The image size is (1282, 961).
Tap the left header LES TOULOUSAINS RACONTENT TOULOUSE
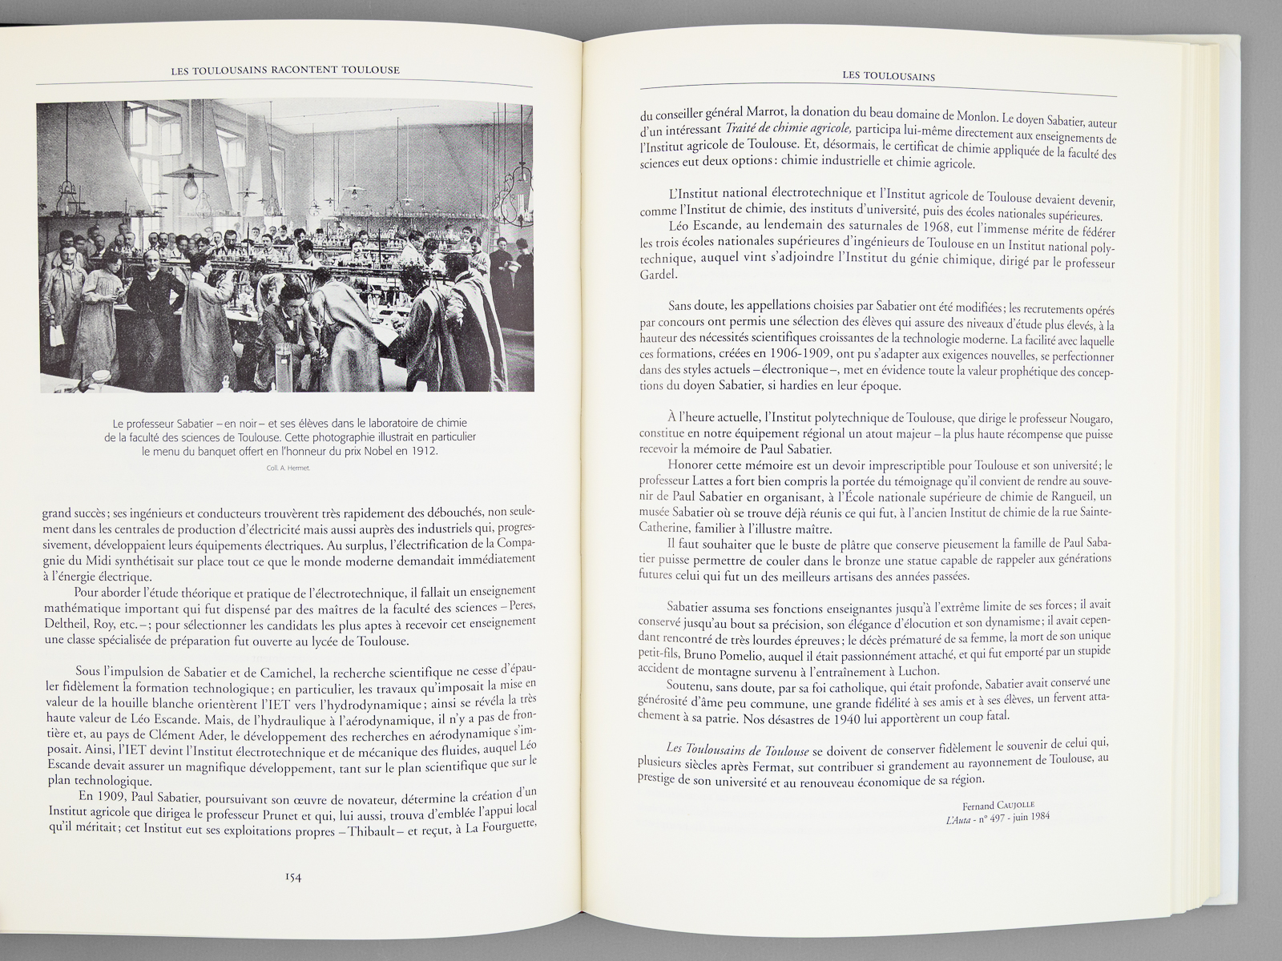(285, 70)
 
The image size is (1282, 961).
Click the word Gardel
(659, 275)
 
